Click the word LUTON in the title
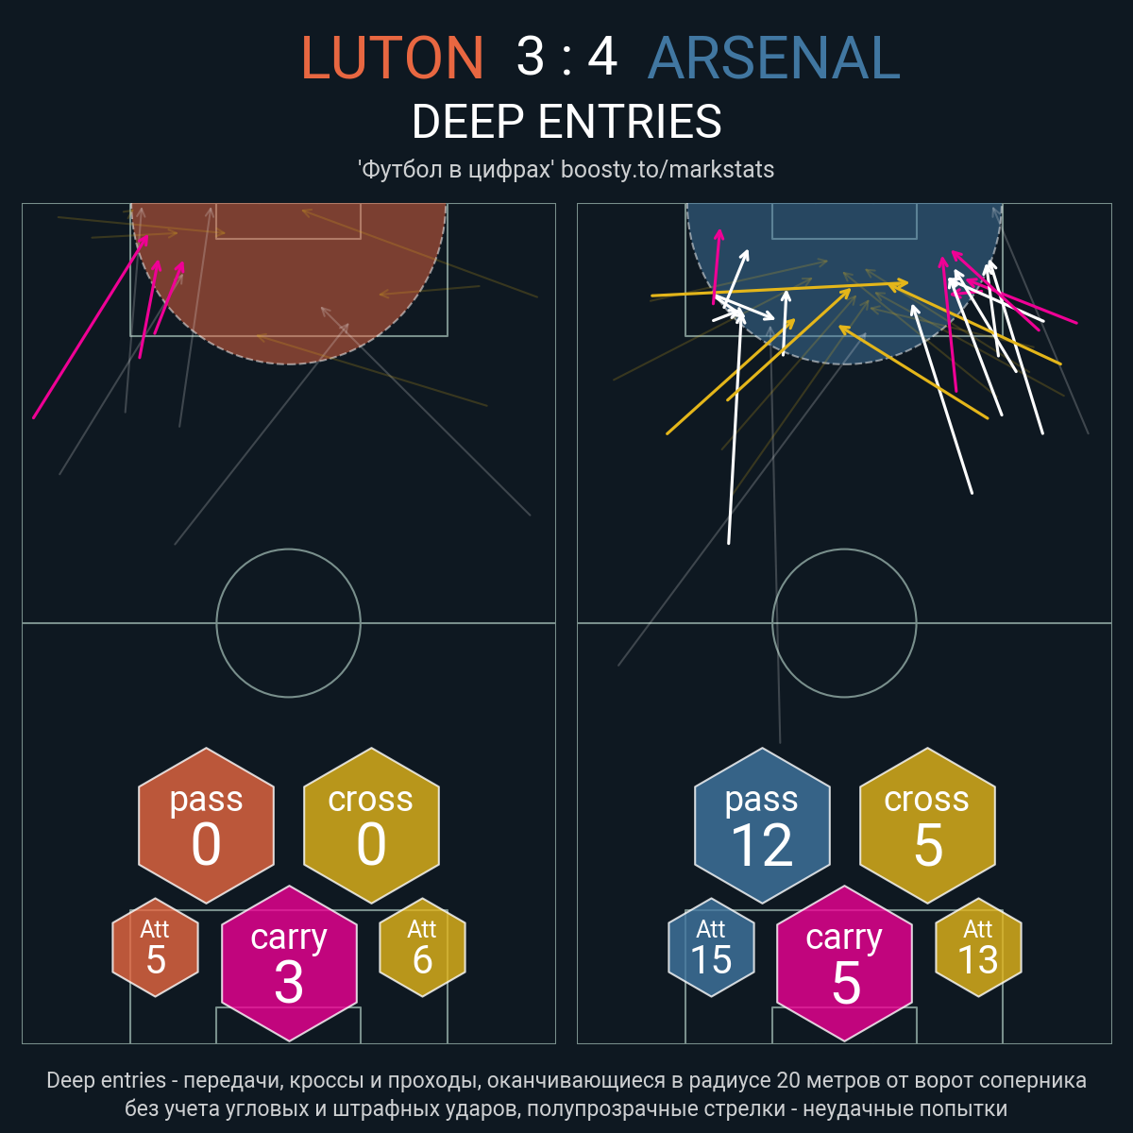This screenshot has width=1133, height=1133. [392, 57]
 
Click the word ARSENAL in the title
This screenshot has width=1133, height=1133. [774, 57]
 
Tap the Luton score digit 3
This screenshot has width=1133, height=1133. [531, 57]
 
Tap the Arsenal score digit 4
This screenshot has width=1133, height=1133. [602, 57]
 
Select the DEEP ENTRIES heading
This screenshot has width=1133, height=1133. [566, 122]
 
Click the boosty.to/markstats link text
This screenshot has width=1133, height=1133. [668, 170]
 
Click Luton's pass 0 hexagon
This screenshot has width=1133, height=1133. [207, 825]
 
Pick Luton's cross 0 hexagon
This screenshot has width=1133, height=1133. [371, 825]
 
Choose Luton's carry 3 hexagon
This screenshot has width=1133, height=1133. [289, 963]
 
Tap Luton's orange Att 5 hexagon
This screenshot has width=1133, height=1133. [155, 947]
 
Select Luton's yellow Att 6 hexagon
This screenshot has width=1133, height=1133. [422, 947]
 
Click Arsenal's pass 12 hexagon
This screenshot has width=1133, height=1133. [762, 825]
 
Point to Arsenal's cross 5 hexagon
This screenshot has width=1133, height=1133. [927, 825]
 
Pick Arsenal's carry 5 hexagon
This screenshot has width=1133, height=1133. [844, 963]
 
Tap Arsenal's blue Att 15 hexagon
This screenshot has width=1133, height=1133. [711, 947]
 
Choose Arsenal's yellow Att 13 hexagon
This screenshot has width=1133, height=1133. [978, 947]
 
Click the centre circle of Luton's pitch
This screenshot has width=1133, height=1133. [216, 623]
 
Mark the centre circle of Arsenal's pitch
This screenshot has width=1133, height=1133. [772, 623]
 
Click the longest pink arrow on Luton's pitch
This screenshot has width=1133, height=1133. [90, 327]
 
